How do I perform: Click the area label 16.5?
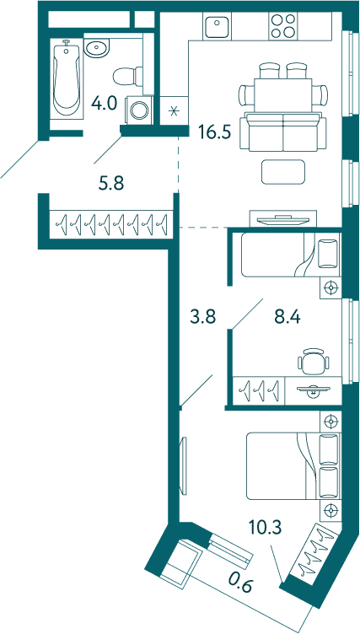pos(215,132)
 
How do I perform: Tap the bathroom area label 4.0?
pos(104,104)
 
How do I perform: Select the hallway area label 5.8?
pos(111,184)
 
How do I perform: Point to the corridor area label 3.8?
pos(203,317)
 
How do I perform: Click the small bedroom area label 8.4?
pos(287,317)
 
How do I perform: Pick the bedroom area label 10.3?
pos(265,527)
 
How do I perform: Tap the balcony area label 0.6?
pos(240,583)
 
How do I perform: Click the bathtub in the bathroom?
pos(67,79)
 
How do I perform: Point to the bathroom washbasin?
pos(96,48)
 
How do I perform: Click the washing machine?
pos(140,110)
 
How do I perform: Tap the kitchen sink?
pos(218,26)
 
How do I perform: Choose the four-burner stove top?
pos(282,26)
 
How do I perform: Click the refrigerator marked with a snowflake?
pos(175,110)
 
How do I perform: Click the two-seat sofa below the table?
pos(282,132)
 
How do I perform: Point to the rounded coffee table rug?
pos(282,172)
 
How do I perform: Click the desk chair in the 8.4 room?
pos(313,361)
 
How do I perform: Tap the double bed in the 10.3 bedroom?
pos(293,466)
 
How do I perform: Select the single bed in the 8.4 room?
pos(291,255)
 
